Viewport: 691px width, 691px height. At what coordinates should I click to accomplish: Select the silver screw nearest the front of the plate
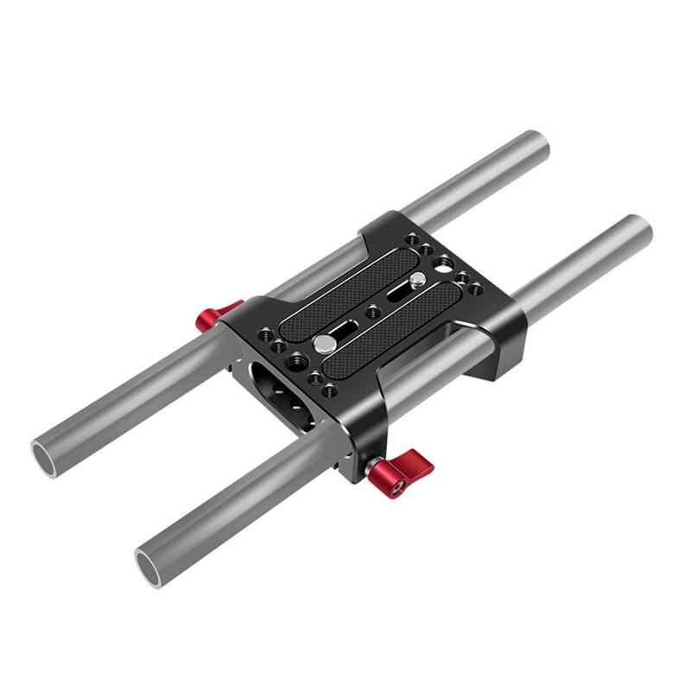(x=323, y=343)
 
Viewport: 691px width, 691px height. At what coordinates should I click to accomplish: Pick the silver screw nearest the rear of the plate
(x=418, y=279)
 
